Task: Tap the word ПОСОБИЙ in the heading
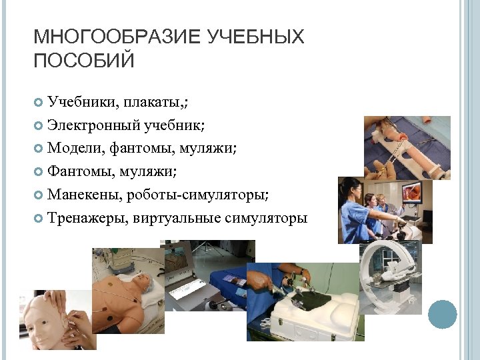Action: click(x=84, y=61)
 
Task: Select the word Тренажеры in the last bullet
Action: click(x=87, y=217)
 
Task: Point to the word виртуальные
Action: click(x=174, y=217)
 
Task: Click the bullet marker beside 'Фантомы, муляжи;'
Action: click(x=38, y=171)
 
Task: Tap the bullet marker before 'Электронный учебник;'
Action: click(x=38, y=125)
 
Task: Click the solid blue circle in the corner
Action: click(x=442, y=314)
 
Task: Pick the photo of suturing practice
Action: click(x=407, y=147)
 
